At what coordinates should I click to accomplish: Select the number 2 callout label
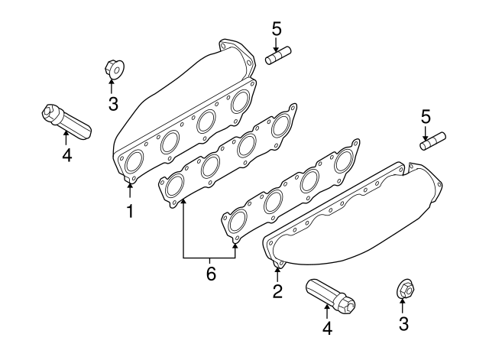pos(277,290)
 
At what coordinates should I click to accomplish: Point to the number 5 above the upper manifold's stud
pos(277,30)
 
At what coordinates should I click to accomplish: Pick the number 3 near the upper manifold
pos(113,104)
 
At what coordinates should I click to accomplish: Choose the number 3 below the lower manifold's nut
pos(403,324)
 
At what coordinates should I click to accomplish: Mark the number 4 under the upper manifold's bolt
pos(66,155)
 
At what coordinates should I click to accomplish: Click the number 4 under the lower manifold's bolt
pos(327,329)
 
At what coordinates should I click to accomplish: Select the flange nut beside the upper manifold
pos(113,70)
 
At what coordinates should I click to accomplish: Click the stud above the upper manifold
pos(279,57)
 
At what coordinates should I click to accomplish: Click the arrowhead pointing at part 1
pos(130,184)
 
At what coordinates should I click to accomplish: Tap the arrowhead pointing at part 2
pos(277,267)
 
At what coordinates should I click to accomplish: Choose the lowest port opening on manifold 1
pos(133,162)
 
